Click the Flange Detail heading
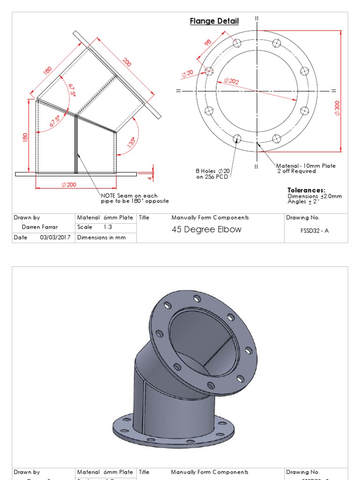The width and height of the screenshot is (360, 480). click(214, 21)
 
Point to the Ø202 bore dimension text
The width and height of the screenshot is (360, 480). click(231, 81)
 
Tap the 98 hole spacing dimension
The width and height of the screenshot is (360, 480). click(208, 43)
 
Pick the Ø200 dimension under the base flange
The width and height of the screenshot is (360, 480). click(68, 185)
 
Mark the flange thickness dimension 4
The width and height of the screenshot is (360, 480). click(150, 177)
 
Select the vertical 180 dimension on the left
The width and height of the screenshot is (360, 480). click(25, 137)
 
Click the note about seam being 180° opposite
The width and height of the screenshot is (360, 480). click(135, 198)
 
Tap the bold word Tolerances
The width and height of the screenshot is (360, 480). click(306, 190)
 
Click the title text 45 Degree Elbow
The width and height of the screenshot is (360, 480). click(207, 230)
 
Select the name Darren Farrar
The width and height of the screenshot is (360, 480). click(40, 227)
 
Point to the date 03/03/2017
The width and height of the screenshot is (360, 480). click(55, 238)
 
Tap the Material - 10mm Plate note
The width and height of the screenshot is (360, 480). click(306, 166)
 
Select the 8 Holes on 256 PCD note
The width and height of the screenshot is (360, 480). click(213, 174)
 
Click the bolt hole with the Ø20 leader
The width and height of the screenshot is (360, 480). click(209, 71)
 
